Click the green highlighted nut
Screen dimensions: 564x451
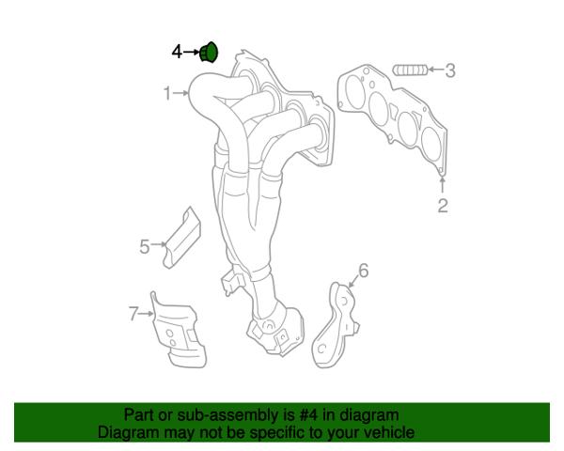tap(209, 53)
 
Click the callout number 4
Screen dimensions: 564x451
tap(177, 53)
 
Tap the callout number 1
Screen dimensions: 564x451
tap(167, 93)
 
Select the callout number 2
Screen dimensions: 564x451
tap(443, 206)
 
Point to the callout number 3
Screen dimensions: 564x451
tap(450, 70)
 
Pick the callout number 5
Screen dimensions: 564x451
tap(144, 247)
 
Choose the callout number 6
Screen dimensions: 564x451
tap(364, 271)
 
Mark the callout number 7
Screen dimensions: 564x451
tap(133, 314)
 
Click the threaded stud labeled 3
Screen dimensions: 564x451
tap(410, 70)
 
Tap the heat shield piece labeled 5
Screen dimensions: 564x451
tap(182, 238)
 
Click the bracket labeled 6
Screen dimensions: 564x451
tap(336, 325)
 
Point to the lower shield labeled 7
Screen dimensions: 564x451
tap(179, 331)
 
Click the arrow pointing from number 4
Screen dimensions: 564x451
tap(192, 53)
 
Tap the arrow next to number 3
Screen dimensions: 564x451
tap(436, 69)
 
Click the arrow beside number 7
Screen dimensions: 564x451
tap(146, 314)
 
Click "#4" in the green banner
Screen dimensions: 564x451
tap(308, 415)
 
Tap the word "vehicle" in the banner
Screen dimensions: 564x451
tap(390, 432)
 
